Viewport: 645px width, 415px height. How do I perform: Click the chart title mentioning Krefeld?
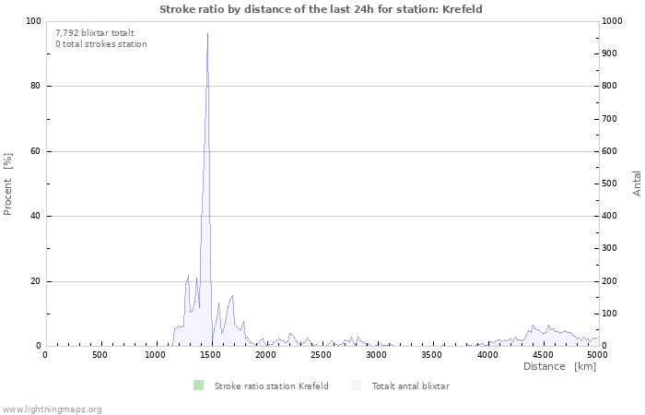[321, 9]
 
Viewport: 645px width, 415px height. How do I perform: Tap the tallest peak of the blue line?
[207, 34]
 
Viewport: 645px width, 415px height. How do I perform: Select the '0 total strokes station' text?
[100, 44]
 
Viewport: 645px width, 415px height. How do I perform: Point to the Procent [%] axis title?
[8, 184]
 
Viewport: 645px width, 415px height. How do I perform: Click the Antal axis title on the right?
[637, 183]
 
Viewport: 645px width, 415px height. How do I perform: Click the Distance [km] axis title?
[559, 366]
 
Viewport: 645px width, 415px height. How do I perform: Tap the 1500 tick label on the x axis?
[211, 354]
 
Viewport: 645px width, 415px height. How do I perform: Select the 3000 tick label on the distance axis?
[377, 354]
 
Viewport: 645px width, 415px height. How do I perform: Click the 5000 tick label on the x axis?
[597, 354]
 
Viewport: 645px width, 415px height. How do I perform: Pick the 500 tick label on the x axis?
[100, 354]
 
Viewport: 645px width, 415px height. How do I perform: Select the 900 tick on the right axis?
[611, 53]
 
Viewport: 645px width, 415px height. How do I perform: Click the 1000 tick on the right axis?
[614, 21]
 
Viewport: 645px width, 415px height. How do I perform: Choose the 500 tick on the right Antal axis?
[611, 184]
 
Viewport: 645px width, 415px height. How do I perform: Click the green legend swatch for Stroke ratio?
[198, 385]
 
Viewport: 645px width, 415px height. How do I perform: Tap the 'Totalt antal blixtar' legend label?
[410, 385]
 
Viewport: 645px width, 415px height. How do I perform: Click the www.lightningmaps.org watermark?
[52, 409]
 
